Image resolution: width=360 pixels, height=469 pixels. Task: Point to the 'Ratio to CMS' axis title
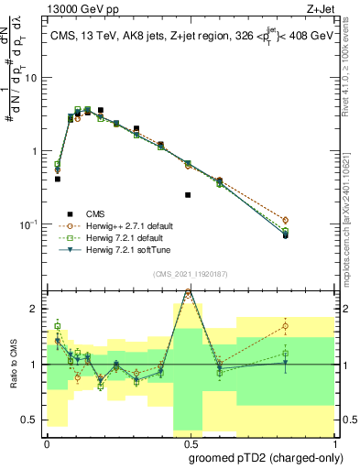click(x=14, y=365)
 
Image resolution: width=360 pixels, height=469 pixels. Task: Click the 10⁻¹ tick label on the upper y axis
click(x=29, y=224)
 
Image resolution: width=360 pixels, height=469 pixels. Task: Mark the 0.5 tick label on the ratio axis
click(x=31, y=420)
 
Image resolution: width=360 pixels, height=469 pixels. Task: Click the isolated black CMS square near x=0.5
click(x=188, y=195)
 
